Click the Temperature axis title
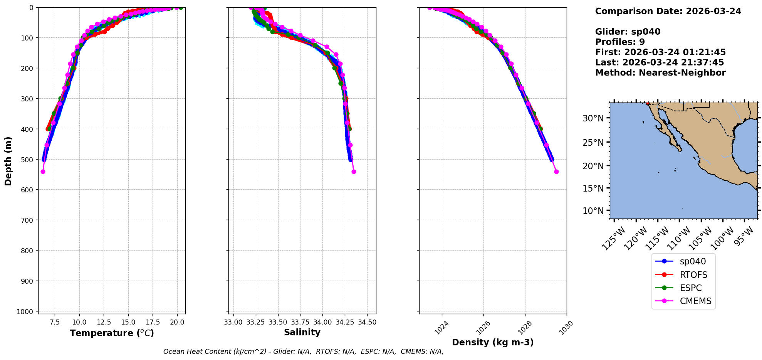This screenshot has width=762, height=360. (x=112, y=333)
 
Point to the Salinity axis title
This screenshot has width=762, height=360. (x=302, y=332)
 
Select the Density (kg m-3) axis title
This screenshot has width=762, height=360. (x=493, y=342)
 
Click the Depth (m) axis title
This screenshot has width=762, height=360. (x=8, y=161)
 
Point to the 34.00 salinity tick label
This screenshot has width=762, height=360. (x=322, y=322)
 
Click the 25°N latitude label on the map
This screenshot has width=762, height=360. (x=593, y=143)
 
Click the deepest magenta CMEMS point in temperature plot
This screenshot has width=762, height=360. (x=43, y=172)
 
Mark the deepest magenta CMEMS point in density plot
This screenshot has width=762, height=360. (x=556, y=172)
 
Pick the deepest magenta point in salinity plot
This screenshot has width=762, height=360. (x=354, y=172)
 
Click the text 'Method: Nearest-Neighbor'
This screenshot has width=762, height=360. (x=660, y=73)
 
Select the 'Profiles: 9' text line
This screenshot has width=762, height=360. (x=620, y=42)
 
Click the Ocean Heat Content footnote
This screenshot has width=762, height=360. (x=303, y=352)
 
